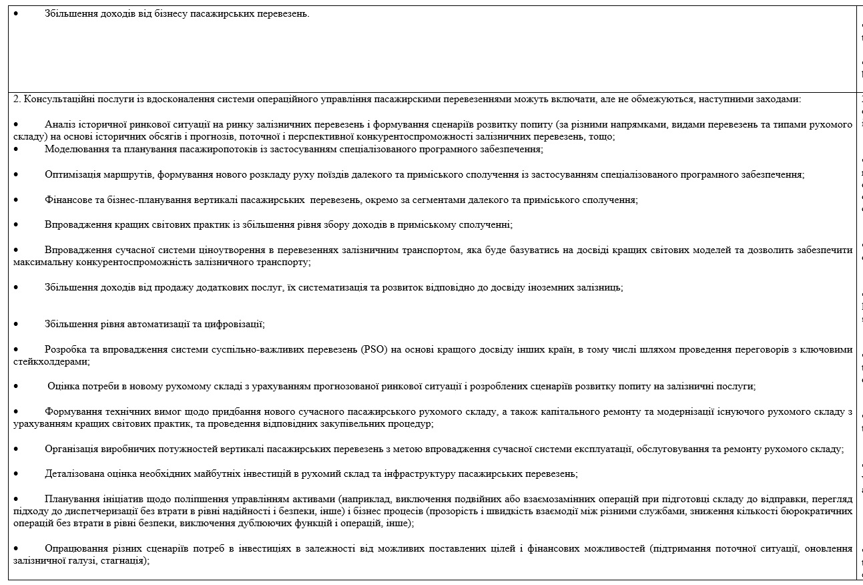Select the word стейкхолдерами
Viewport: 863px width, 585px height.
(x=51, y=361)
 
